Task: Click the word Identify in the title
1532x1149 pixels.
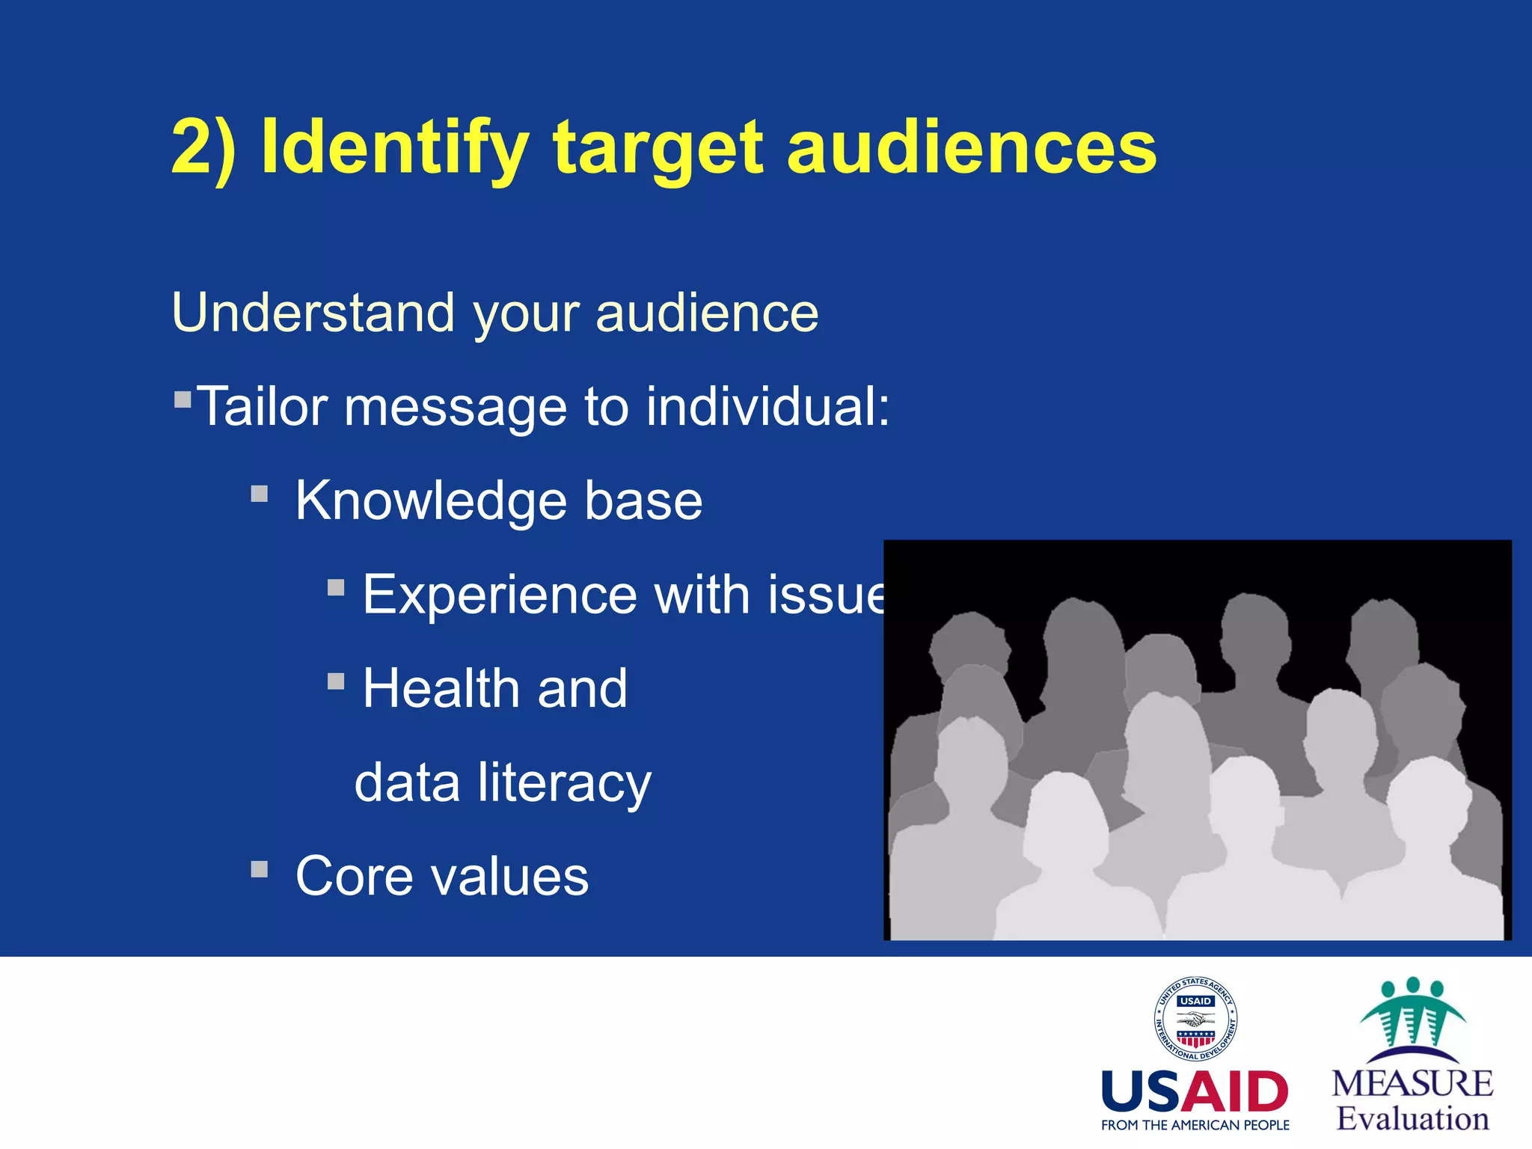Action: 394,147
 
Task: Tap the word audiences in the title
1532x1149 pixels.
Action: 972,147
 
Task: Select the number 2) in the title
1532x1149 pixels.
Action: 203,147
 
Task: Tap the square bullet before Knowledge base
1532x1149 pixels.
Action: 260,494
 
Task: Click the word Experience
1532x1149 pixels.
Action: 500,595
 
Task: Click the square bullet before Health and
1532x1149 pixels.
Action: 336,681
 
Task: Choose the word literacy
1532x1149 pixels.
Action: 565,782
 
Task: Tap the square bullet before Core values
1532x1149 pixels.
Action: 260,869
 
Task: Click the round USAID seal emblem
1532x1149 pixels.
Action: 1195,1019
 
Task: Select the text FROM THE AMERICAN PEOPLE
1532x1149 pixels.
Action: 1195,1125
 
